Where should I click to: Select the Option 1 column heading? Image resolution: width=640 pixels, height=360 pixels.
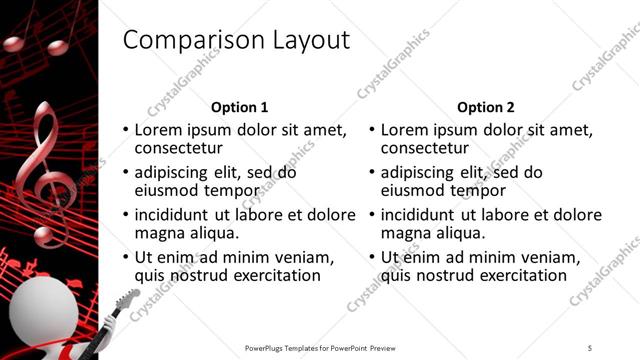pos(240,107)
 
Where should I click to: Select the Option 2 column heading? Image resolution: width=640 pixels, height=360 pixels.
pos(486,107)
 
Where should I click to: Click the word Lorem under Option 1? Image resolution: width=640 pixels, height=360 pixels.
pos(159,130)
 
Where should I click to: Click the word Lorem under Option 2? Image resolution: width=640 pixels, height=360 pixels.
pos(405,130)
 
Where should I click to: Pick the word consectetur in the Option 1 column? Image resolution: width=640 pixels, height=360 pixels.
pos(182,148)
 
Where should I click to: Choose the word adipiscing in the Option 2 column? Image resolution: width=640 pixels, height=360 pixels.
pos(423,172)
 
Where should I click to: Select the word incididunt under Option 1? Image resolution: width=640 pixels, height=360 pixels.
pos(171,215)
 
